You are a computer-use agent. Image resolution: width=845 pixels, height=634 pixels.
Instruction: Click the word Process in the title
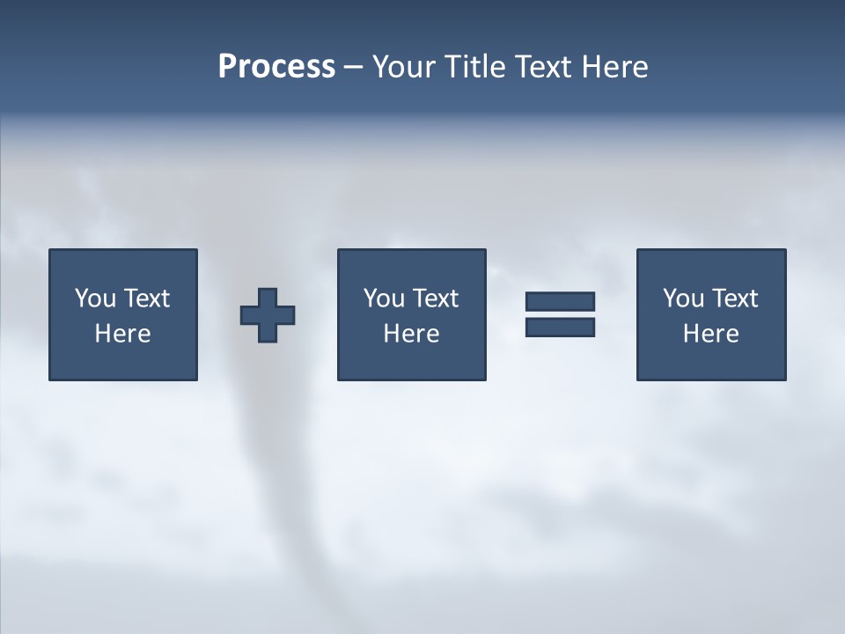(276, 67)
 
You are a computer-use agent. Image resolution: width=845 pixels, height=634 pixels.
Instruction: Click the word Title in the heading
(473, 67)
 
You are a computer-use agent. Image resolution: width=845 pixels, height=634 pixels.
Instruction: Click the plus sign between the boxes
(268, 315)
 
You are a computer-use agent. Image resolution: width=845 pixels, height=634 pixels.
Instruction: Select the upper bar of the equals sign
(560, 302)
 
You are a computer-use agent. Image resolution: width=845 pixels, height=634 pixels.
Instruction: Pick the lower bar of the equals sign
(560, 328)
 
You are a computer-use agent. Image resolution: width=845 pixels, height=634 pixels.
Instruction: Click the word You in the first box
(95, 299)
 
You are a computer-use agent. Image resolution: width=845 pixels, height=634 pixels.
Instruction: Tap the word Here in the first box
(122, 334)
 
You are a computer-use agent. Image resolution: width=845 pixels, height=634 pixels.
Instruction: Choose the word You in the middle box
(384, 299)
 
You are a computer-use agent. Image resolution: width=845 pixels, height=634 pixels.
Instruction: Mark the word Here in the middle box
(411, 334)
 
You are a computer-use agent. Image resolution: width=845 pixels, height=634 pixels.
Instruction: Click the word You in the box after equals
(683, 299)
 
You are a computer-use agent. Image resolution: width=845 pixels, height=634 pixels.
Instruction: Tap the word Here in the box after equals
(710, 334)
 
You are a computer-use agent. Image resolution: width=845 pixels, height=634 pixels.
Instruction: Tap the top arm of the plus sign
(268, 297)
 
